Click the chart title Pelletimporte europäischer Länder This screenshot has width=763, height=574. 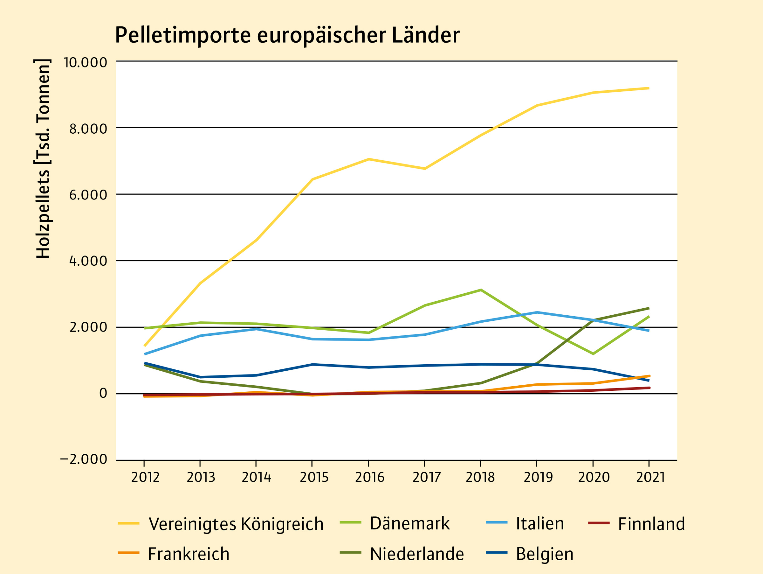pos(287,35)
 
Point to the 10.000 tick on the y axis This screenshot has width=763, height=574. pos(85,62)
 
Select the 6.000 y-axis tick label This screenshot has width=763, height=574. pos(88,195)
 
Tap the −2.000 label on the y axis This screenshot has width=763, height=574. pos(84,459)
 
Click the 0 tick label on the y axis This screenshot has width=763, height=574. pos(103,393)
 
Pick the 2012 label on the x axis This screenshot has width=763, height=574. pos(145,477)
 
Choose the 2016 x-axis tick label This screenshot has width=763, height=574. pos(369,477)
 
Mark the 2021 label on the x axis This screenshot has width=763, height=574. pos(650,477)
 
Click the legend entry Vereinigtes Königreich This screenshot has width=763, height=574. pos(236,524)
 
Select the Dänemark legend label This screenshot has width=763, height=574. pos(409,523)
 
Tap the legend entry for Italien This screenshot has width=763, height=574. pos(540,523)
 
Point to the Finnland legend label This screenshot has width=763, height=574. pos(651,524)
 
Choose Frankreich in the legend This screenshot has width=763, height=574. pos(188,554)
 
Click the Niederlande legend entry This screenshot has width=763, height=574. pos(417,554)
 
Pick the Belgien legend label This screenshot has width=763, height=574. pos(545,554)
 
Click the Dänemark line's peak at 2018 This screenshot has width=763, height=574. pos(481,290)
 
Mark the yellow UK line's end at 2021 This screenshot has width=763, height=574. pos(649,88)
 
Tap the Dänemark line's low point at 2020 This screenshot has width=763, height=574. pos(593,354)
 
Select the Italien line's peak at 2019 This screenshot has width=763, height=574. pos(537,312)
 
